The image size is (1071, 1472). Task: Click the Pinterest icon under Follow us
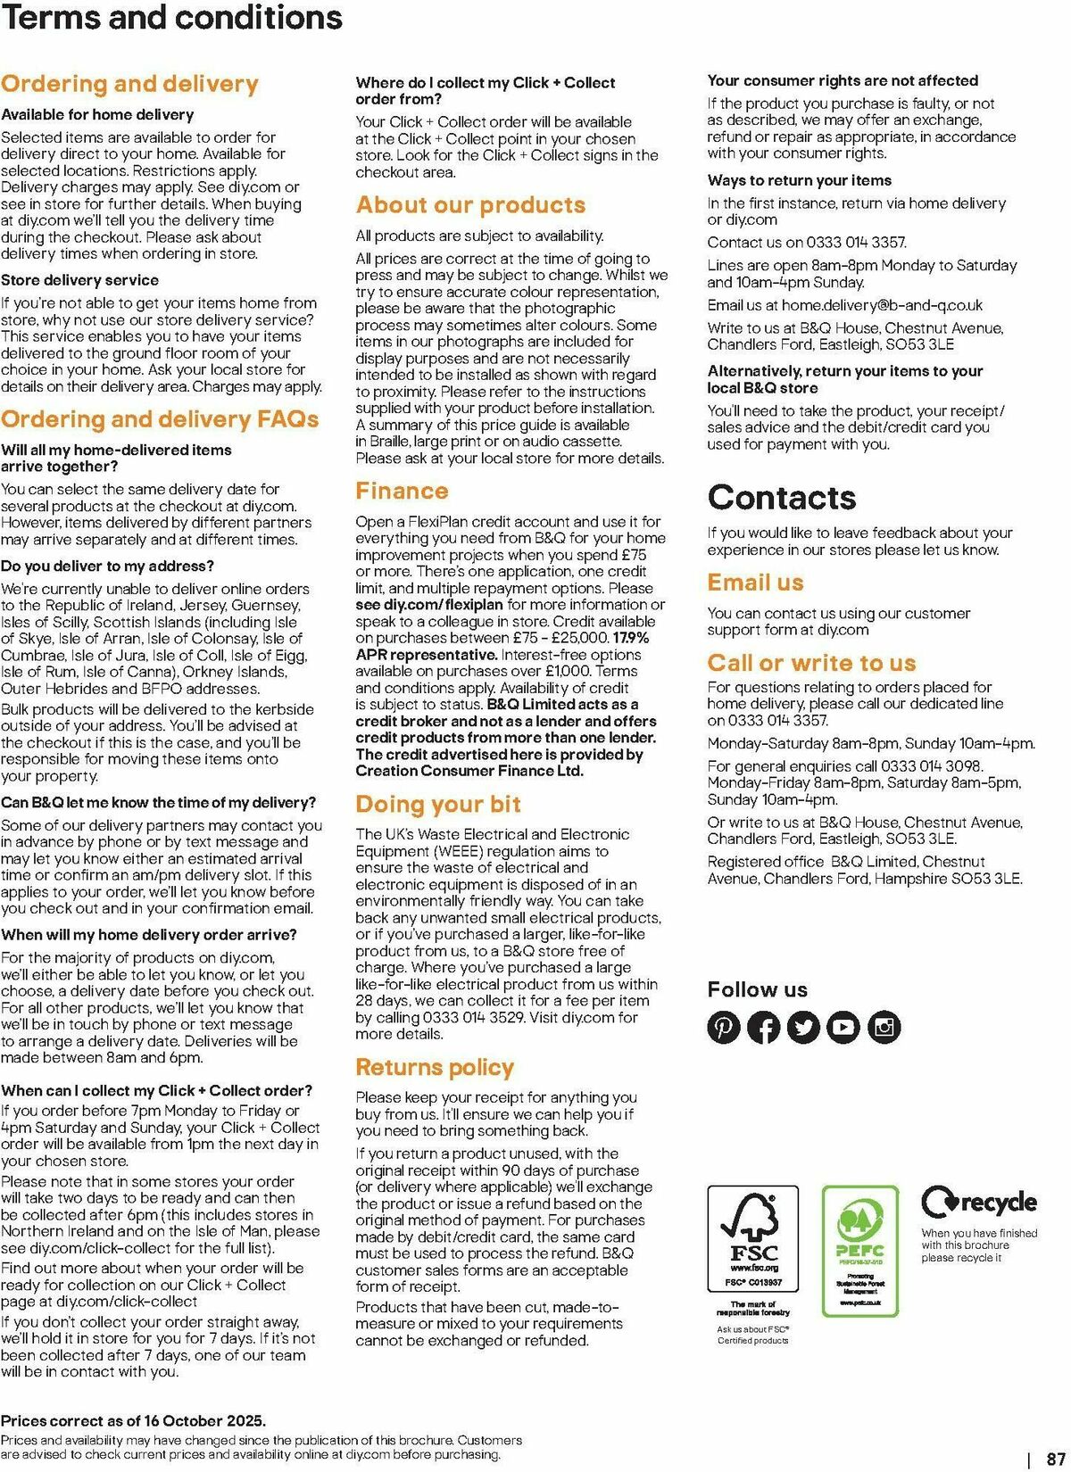coord(724,1027)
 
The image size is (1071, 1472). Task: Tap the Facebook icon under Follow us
coord(764,1027)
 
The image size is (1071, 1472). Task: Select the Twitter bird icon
coord(804,1027)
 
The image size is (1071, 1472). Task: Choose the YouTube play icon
coord(843,1027)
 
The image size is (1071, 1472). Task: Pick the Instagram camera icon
coord(884,1027)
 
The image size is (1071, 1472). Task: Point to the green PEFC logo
coord(859,1249)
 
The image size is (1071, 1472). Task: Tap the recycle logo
coord(979,1203)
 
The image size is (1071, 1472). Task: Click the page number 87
coord(1056,1460)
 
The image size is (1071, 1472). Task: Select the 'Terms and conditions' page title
coord(171,18)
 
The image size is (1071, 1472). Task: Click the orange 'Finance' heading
coord(402,491)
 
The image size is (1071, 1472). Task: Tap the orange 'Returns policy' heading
coord(435,1067)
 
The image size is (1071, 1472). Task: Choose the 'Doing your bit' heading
coord(437,804)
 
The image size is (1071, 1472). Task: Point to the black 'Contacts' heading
coord(782,497)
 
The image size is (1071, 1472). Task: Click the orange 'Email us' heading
coord(755,583)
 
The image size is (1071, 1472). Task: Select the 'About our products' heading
coord(470,205)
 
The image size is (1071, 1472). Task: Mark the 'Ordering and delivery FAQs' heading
coord(160,419)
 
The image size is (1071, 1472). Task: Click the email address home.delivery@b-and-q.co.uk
coord(882,305)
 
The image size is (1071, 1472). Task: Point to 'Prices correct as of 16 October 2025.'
coord(134,1421)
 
